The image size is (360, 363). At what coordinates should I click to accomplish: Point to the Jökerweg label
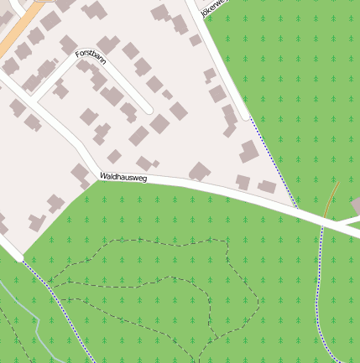(213, 9)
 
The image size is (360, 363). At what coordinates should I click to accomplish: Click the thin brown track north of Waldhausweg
(331, 200)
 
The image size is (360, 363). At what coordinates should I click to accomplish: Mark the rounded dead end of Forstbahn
(148, 109)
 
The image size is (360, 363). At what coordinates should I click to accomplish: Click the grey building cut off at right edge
(356, 205)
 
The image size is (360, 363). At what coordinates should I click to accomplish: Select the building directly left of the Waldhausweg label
(81, 175)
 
